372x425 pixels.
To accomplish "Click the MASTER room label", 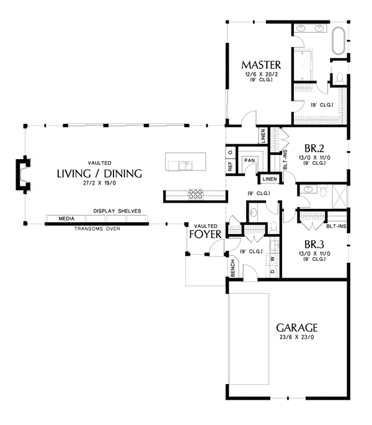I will click(x=262, y=65).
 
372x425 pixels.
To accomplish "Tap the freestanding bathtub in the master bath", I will click(x=341, y=40).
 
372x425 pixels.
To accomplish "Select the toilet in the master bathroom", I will click(x=339, y=78).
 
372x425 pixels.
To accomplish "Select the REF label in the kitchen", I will click(x=230, y=166).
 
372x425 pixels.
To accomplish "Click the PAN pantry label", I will click(x=249, y=160).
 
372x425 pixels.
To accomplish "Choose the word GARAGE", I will click(x=297, y=327).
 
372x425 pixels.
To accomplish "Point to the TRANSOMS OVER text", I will click(x=97, y=229).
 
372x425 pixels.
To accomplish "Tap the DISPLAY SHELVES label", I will click(x=117, y=211).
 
